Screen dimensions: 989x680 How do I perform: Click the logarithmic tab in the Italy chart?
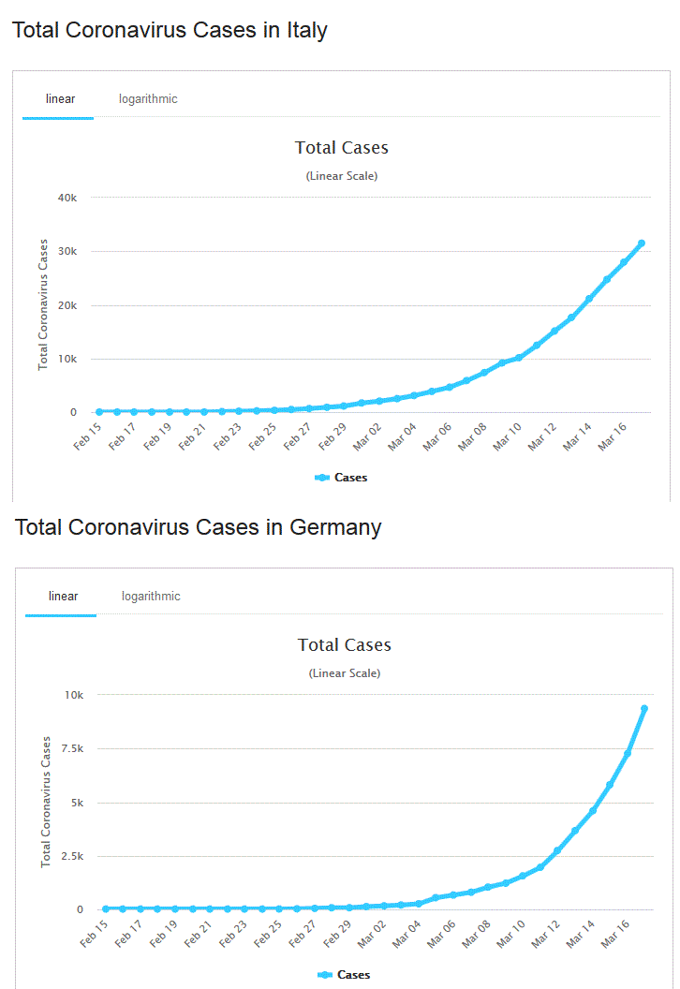pos(148,98)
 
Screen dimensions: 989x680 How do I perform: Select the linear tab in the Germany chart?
pos(63,596)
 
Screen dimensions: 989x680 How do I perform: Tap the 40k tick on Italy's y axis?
pos(67,198)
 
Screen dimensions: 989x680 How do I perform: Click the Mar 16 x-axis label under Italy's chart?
pos(611,435)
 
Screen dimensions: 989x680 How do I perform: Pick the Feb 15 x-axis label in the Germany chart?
pos(94,933)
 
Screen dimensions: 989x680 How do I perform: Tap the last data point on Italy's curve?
pos(642,244)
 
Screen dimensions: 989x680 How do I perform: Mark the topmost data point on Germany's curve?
pos(644,709)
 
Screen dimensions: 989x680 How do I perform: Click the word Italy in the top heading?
pos(296,30)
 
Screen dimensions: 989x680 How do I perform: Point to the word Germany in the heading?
pos(335,527)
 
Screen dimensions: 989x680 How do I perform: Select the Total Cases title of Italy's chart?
pos(341,148)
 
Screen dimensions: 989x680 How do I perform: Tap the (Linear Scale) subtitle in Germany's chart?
pos(344,672)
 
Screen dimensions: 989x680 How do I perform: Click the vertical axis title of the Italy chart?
pos(43,304)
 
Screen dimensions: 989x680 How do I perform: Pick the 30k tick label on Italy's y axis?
pos(67,251)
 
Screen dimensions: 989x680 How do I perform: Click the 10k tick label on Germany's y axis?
pos(72,695)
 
